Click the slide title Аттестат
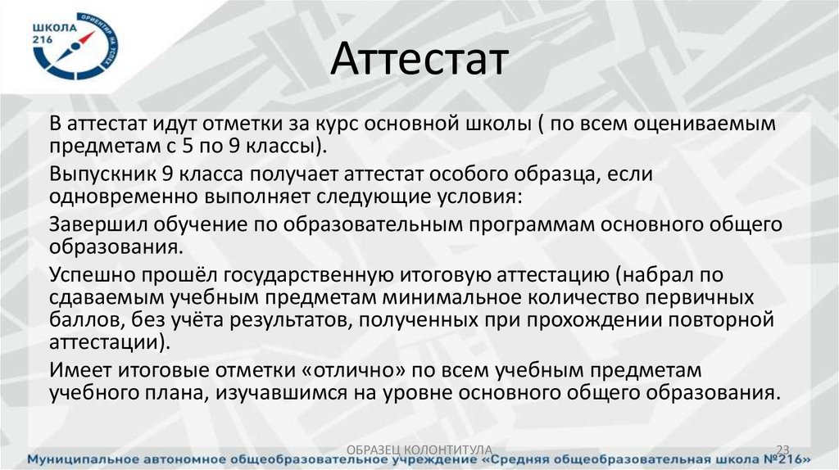click(419, 62)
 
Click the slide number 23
click(782, 448)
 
